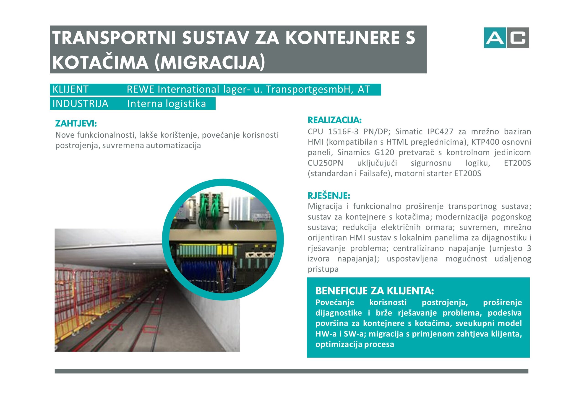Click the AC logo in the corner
tap(506, 38)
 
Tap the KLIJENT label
tap(70, 89)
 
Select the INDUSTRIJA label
tap(80, 104)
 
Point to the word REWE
tap(140, 89)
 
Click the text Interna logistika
tap(166, 104)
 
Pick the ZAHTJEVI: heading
tap(76, 124)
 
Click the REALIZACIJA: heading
tap(334, 120)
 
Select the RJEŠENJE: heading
tap(329, 196)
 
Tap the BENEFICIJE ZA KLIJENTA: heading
tap(374, 291)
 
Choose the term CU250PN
tap(325, 163)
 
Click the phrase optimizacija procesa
tap(355, 344)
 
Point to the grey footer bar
tap(291, 371)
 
